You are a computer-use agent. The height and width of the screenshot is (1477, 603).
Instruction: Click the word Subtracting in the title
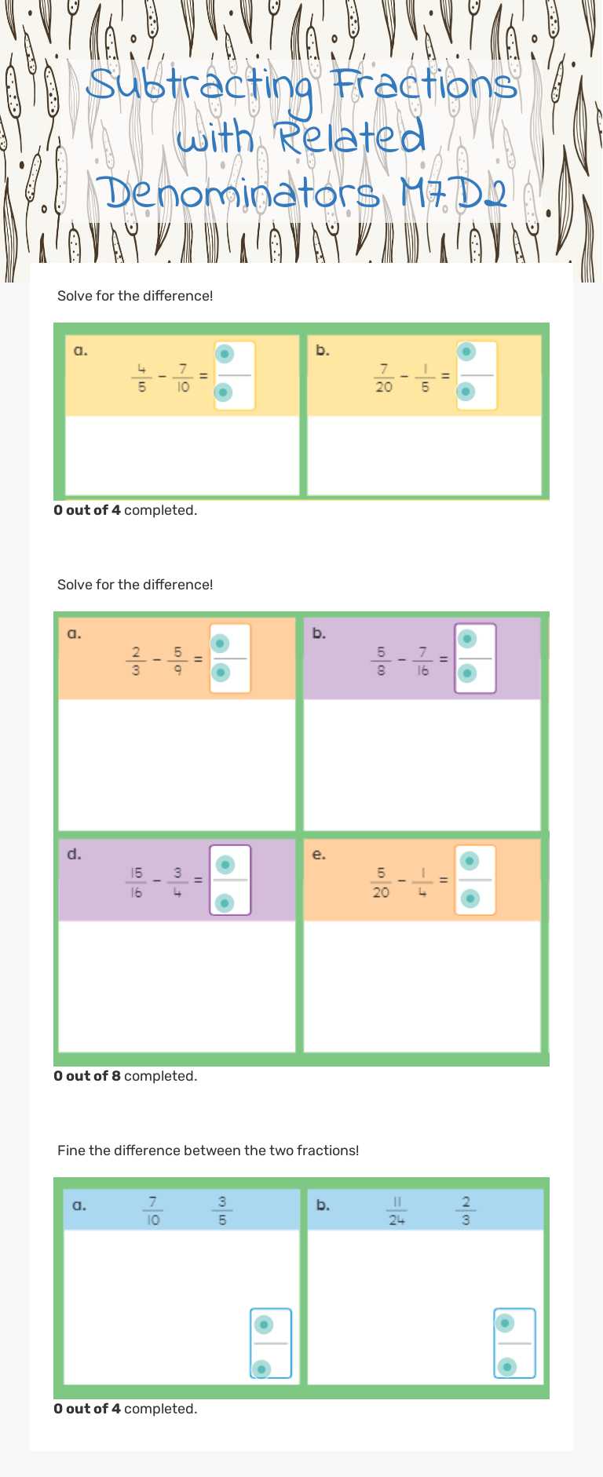(x=201, y=86)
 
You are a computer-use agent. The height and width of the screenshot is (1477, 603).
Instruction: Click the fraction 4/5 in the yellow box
(x=141, y=377)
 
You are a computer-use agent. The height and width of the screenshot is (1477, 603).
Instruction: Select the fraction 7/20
(x=384, y=377)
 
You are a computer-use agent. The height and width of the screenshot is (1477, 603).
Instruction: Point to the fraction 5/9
(x=177, y=661)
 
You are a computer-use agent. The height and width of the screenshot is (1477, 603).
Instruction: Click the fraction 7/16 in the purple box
(x=422, y=661)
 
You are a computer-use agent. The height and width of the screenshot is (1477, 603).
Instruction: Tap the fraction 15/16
(x=137, y=882)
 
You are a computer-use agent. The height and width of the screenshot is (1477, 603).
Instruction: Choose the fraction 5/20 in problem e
(x=381, y=882)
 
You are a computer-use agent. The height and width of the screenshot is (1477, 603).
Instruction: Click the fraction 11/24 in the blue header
(x=397, y=1210)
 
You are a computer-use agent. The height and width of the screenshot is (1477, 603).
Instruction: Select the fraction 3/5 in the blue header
(x=222, y=1210)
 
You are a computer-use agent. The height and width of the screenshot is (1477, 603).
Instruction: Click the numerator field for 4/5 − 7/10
(x=225, y=354)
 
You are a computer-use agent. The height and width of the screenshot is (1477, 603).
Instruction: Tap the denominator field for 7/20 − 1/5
(x=466, y=391)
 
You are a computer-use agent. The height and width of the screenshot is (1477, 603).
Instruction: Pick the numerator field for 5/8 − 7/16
(x=467, y=639)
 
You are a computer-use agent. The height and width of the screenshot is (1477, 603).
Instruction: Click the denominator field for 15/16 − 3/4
(x=225, y=903)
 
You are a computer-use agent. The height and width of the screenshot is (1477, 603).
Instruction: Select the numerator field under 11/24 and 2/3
(x=506, y=1324)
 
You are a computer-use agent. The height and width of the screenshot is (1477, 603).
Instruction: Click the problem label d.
(x=74, y=854)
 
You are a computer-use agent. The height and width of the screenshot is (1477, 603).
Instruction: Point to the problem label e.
(x=319, y=854)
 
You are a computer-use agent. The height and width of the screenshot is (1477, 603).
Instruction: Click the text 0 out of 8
(x=87, y=1076)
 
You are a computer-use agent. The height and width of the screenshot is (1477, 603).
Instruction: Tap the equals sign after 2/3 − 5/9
(x=198, y=659)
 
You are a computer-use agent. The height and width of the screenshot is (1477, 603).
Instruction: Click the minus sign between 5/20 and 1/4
(x=402, y=881)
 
